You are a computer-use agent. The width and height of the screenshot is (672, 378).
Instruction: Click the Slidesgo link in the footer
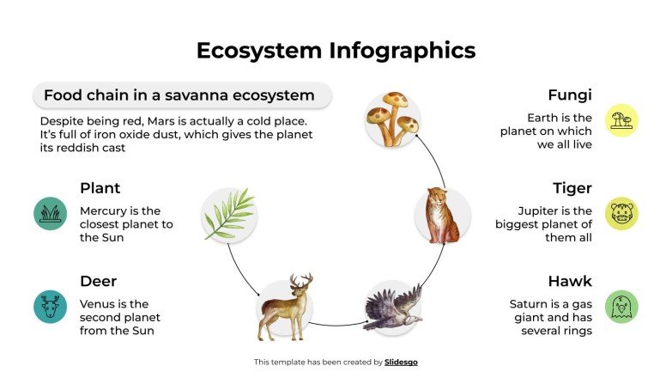coord(401,363)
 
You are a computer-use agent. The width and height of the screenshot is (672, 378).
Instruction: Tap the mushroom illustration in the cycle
coord(392,116)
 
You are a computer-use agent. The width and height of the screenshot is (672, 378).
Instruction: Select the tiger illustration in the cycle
coord(442,215)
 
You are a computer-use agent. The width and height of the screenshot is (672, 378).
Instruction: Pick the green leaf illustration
coord(229,213)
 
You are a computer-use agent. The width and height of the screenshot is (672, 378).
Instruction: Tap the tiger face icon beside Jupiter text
coord(621,213)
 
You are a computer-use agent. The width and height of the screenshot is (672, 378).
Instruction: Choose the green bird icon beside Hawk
coord(621,307)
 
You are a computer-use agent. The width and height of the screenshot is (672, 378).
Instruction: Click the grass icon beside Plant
coord(51,213)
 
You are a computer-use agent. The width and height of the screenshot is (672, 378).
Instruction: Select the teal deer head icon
coord(51,307)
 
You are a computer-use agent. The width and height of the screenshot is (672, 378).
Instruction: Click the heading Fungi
coord(570,94)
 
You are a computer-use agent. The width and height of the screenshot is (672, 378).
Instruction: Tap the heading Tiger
coord(572,187)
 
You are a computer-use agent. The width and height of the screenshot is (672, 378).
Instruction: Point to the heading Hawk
coord(570,281)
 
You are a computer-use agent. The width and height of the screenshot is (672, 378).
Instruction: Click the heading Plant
coord(100,187)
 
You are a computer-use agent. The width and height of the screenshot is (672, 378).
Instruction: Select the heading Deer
coord(98,281)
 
